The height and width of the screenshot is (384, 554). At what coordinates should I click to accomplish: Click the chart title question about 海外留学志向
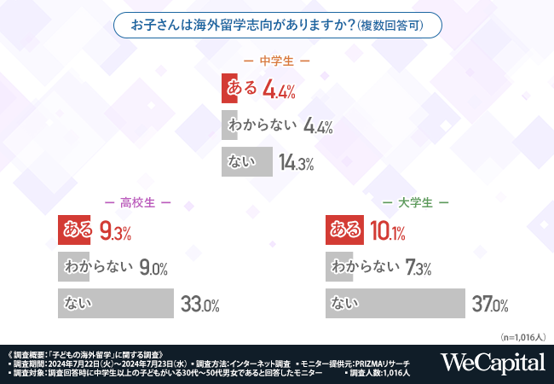click(x=277, y=25)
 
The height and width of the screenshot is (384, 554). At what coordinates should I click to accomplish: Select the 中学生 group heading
click(x=276, y=61)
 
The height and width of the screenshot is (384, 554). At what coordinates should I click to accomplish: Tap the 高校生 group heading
click(x=137, y=203)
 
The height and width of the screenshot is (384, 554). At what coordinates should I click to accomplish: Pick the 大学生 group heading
click(x=415, y=203)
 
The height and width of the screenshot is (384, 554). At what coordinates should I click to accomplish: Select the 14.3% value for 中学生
click(x=297, y=162)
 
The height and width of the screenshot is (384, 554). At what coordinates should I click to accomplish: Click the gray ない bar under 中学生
click(x=247, y=162)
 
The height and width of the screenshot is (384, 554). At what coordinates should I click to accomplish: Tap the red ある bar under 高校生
click(x=76, y=230)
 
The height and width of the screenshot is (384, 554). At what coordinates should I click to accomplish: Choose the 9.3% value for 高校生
click(x=115, y=230)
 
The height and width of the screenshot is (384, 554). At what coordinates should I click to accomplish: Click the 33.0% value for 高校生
click(x=201, y=304)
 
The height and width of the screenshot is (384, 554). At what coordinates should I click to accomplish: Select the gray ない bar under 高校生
click(x=117, y=304)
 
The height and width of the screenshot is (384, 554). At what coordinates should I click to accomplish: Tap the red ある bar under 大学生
click(x=345, y=230)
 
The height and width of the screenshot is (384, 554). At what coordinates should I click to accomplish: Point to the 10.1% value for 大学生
click(x=388, y=230)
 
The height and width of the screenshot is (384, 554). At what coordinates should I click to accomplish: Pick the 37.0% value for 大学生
click(x=490, y=304)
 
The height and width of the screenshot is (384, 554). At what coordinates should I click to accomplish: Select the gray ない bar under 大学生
click(x=395, y=304)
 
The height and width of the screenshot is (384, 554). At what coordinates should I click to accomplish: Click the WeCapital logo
click(x=493, y=363)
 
